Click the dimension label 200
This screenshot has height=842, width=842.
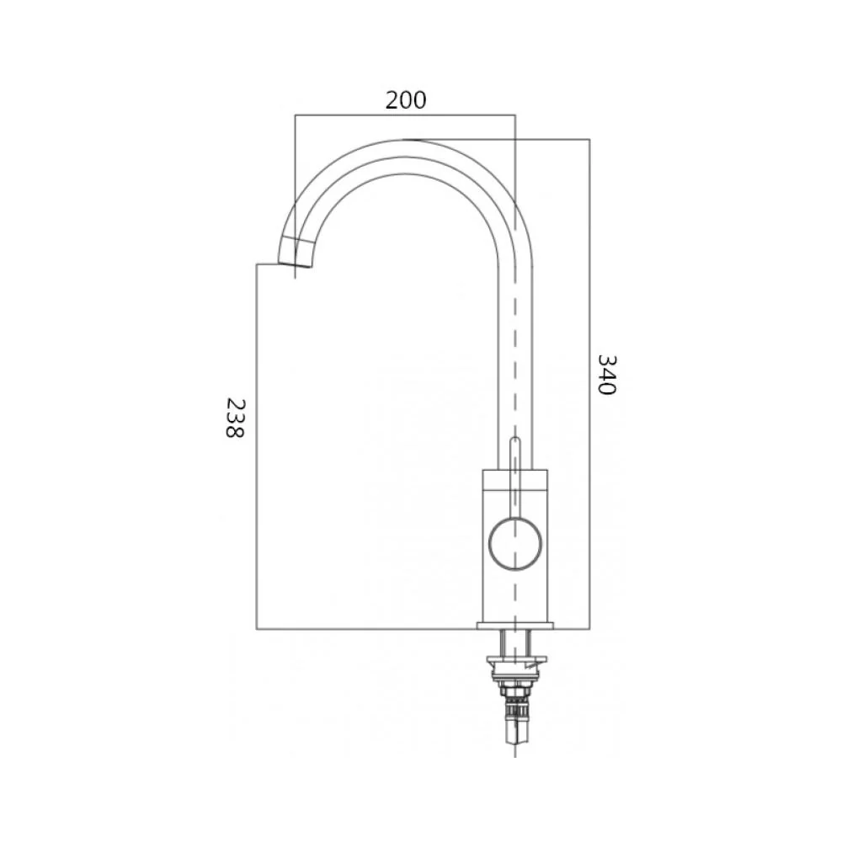point(406,100)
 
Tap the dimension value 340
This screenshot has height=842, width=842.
point(607,375)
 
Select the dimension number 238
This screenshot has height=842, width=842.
point(235,418)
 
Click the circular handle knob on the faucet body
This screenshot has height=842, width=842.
point(515,543)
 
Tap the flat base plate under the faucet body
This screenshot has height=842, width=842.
point(515,626)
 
